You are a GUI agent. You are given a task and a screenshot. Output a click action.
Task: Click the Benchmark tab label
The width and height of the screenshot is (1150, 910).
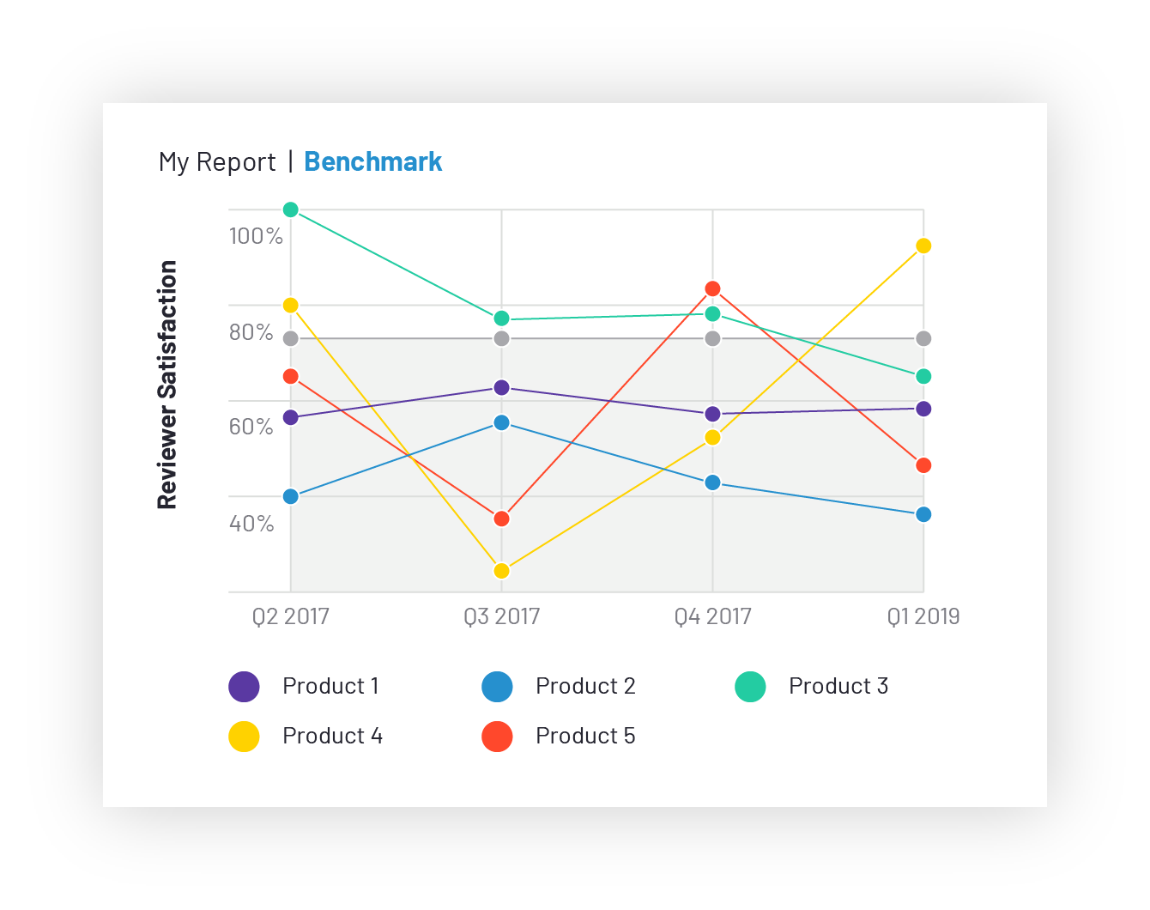[x=372, y=162]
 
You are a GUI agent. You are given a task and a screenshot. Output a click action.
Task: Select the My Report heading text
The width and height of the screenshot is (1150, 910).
[x=217, y=162]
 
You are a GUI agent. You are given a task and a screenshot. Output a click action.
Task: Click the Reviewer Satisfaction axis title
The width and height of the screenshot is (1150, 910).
[x=167, y=385]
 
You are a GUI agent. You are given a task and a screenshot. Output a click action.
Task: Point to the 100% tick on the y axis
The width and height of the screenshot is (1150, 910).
[x=256, y=236]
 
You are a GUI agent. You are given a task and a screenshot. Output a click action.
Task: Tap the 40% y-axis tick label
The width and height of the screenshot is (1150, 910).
[x=251, y=524]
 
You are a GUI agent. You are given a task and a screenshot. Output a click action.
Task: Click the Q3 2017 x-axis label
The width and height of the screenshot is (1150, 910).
[x=502, y=616]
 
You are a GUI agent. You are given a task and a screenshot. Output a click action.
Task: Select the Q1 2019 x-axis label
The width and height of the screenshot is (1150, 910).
[x=923, y=616]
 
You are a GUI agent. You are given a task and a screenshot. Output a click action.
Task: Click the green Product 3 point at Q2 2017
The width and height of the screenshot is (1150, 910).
[x=291, y=209]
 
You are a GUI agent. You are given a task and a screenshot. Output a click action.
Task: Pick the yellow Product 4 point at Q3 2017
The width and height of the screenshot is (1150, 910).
[x=502, y=571]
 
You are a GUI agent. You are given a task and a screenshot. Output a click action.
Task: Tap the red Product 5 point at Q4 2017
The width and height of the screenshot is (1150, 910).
[x=712, y=288]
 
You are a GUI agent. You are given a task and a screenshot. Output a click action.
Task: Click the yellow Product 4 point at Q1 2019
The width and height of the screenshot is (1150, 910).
[x=923, y=246]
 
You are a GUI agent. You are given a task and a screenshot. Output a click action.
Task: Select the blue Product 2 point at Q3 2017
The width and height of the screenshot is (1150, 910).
[x=502, y=422]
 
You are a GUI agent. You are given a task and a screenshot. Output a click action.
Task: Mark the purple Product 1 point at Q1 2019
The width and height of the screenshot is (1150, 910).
[x=923, y=409]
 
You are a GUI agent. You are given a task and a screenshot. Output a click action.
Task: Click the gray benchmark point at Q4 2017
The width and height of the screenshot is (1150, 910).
[x=712, y=338]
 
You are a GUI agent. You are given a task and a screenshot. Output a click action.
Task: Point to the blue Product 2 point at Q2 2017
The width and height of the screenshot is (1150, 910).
[x=291, y=496]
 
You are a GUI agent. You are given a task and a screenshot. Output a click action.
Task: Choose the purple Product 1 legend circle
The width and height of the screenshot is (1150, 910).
[x=244, y=687]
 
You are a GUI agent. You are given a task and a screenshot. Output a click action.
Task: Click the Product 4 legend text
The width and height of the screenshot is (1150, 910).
[x=332, y=737]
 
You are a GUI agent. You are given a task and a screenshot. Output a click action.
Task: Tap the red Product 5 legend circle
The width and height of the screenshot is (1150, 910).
[x=497, y=737]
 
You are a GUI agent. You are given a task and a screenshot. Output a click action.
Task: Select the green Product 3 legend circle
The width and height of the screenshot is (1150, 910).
[x=750, y=687]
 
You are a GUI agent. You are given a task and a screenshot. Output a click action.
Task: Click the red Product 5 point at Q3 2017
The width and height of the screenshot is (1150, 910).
[x=502, y=519]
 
